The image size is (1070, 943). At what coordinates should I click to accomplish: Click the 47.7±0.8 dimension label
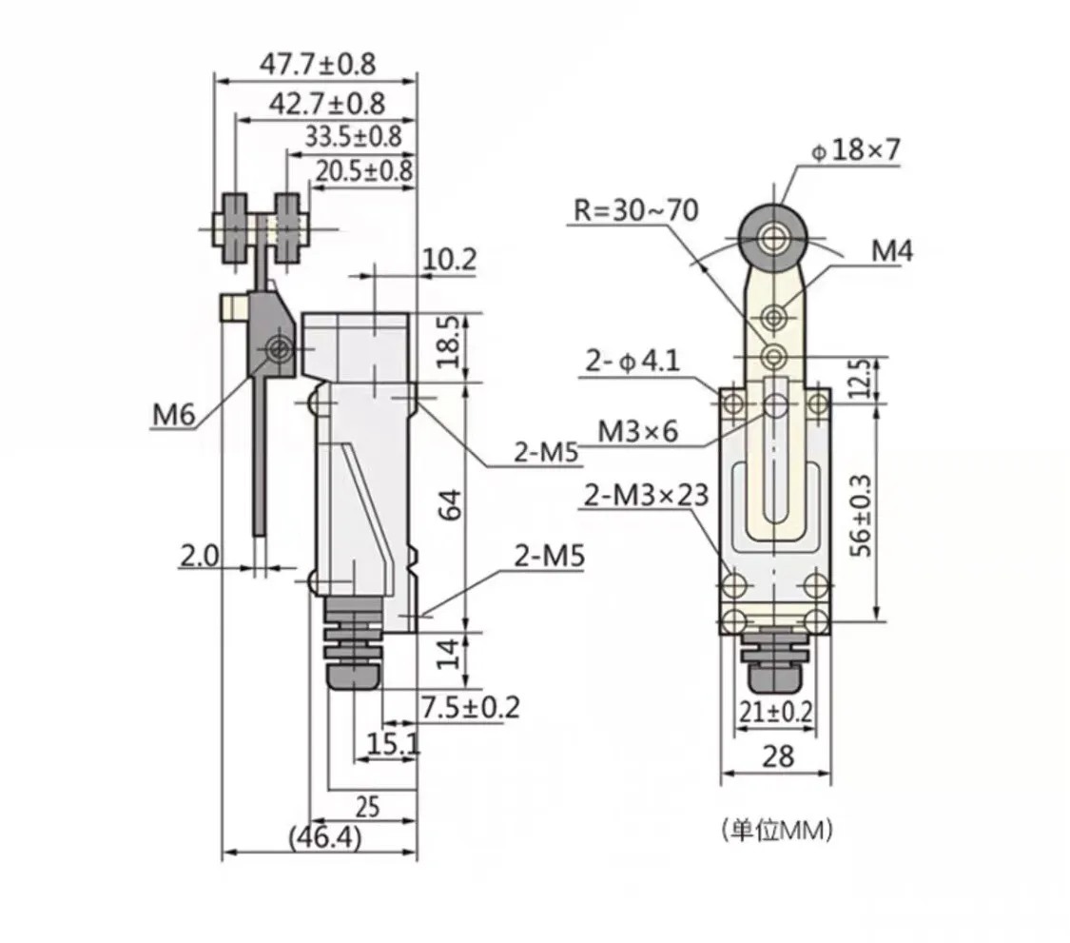(x=318, y=64)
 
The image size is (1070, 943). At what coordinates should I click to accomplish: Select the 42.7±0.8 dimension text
(x=327, y=104)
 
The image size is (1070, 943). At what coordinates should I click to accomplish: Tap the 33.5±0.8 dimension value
(x=353, y=137)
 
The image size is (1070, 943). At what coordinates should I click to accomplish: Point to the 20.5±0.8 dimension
(x=363, y=170)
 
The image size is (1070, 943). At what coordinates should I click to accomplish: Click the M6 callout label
(x=173, y=415)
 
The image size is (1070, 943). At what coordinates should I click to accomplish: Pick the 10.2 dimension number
(x=450, y=260)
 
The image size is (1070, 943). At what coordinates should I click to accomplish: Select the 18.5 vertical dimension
(x=449, y=343)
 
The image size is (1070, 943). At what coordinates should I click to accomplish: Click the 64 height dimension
(x=449, y=506)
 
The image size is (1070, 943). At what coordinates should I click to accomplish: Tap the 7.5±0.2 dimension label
(x=470, y=707)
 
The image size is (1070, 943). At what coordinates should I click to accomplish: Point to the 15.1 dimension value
(x=393, y=743)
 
